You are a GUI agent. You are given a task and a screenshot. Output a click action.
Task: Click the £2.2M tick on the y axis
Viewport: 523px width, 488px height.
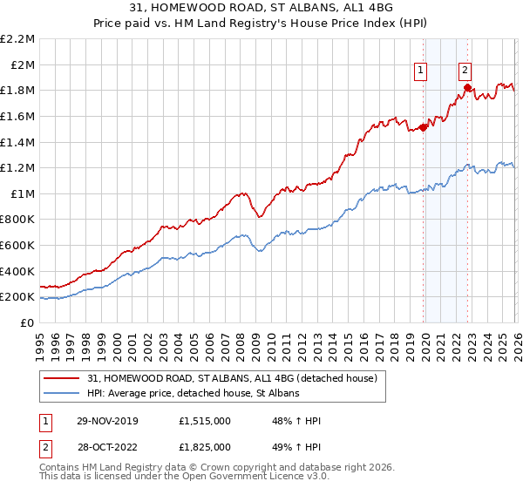(17, 39)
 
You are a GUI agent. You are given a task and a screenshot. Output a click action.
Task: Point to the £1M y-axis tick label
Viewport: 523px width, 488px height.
(22, 193)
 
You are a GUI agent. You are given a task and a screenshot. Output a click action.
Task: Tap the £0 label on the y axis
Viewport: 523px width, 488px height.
(27, 322)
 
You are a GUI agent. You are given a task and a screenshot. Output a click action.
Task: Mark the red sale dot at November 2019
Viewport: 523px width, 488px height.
(424, 127)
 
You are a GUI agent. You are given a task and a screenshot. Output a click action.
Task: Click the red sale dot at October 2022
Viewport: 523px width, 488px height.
(468, 87)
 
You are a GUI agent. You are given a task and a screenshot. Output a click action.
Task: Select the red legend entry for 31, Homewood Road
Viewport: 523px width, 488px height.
(231, 378)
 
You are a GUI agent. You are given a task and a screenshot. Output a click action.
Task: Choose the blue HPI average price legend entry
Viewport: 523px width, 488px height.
(193, 394)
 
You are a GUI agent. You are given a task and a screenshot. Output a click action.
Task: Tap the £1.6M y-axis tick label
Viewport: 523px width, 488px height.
(17, 116)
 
